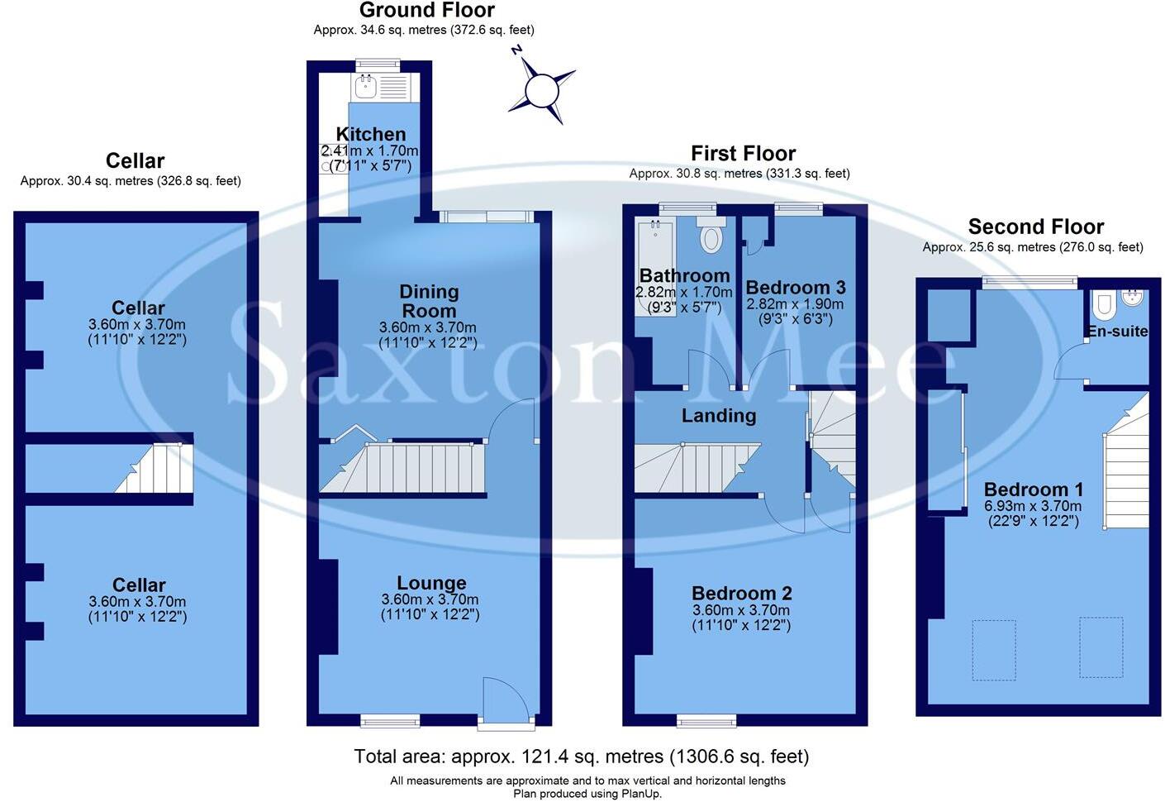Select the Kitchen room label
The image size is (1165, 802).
coord(371,134)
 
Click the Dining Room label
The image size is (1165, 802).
coord(428,301)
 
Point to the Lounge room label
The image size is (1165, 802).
coord(431,583)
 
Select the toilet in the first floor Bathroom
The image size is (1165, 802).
coord(711,236)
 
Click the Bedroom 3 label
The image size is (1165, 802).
coord(795,288)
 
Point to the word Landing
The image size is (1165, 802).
coord(718,416)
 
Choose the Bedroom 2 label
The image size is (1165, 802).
coord(741,593)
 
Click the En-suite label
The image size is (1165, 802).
coord(1117,332)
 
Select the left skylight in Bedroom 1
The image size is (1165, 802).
coord(994,650)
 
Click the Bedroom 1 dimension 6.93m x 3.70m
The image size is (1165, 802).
coord(1033,506)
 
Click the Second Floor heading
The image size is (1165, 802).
coord(1035,227)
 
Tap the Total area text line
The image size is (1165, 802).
coord(581,756)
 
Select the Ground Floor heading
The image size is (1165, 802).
coord(426,11)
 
